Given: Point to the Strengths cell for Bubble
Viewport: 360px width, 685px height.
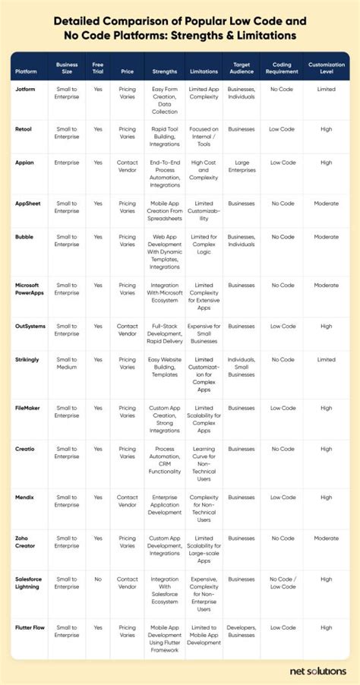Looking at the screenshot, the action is tap(164, 251).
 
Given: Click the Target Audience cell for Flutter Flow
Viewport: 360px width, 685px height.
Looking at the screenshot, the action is tap(242, 632).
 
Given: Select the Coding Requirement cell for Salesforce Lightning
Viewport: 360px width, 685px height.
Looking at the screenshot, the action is tap(283, 582).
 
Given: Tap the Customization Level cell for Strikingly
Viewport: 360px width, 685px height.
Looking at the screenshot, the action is tap(326, 359).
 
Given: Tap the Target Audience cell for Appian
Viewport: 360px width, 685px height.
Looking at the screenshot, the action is tap(242, 166).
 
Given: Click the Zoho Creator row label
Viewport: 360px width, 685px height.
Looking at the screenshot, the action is tap(27, 542).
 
